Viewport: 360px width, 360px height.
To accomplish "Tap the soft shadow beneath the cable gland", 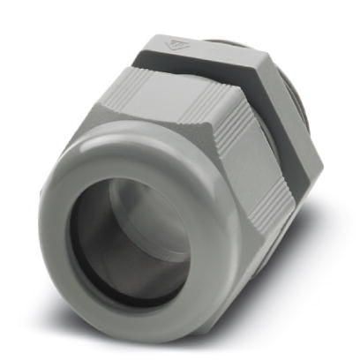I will [x=265, y=304].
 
